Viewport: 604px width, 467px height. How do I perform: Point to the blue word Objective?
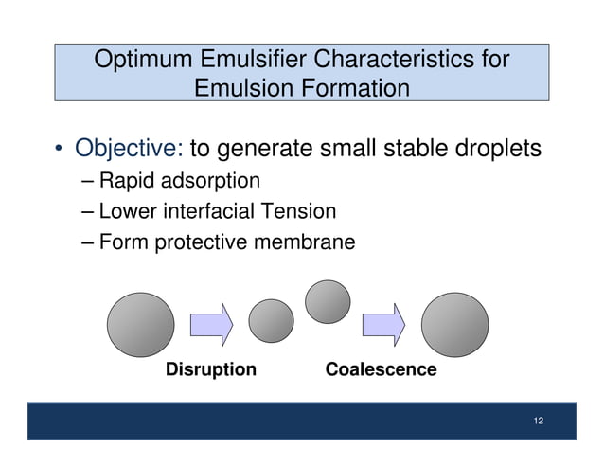point(130,149)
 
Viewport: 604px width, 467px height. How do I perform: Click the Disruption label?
point(211,369)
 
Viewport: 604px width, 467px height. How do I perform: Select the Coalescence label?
point(381,369)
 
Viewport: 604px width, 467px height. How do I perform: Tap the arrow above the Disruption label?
point(211,324)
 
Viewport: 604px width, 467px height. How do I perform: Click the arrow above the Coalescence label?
point(383,324)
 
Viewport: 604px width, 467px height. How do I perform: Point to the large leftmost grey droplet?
point(140,324)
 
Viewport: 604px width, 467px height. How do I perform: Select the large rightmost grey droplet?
point(454,324)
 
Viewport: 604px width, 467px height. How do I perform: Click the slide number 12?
point(538,422)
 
